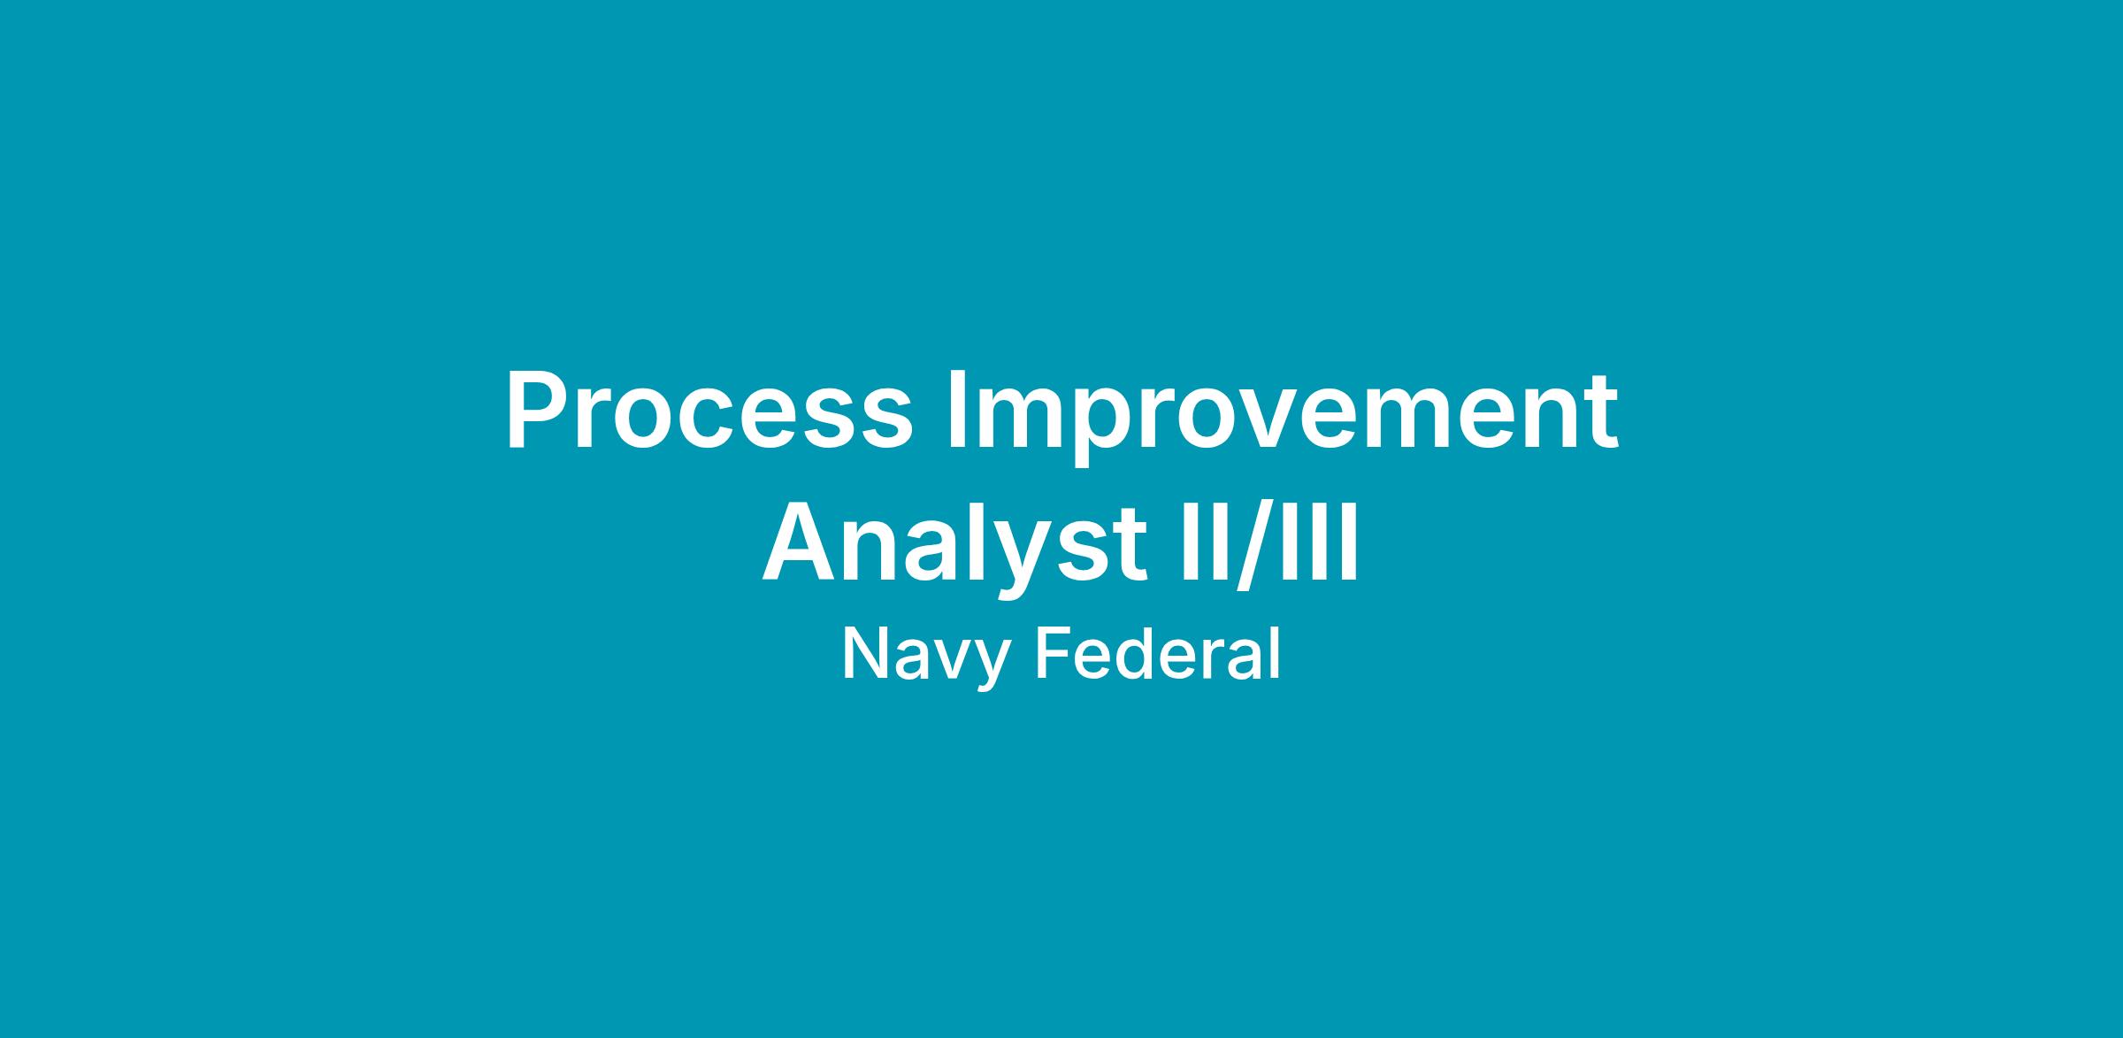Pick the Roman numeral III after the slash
point(1313,542)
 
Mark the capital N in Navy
point(867,654)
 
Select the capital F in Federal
point(1054,654)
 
